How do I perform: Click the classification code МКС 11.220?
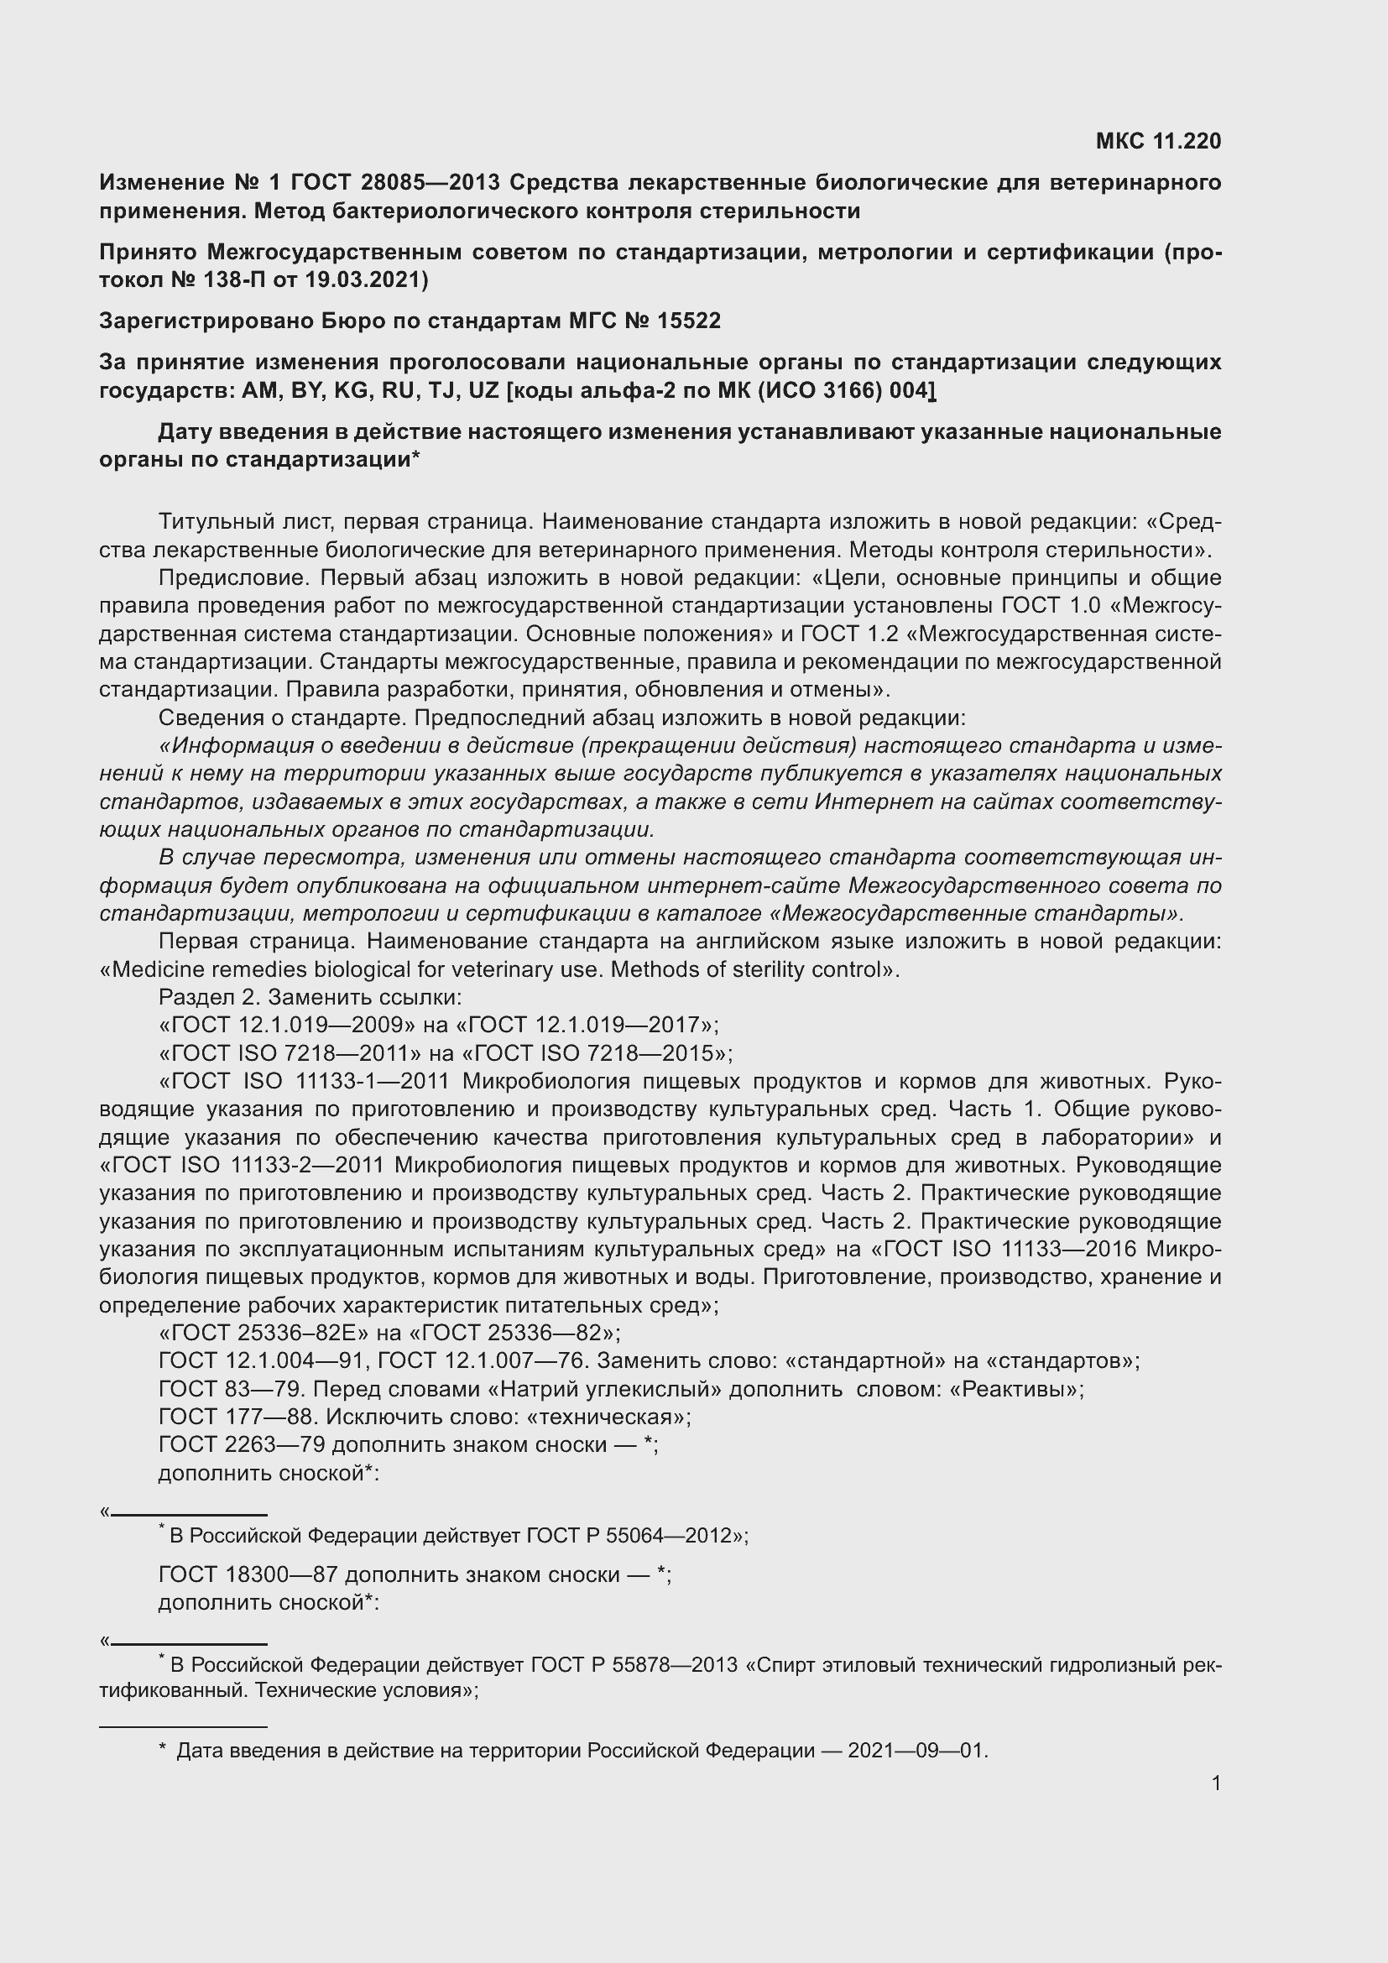(1158, 141)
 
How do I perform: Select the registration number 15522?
(689, 321)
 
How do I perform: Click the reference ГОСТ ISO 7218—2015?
(595, 1052)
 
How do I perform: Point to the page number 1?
(1216, 1783)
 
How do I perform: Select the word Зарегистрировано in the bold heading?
(206, 321)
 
